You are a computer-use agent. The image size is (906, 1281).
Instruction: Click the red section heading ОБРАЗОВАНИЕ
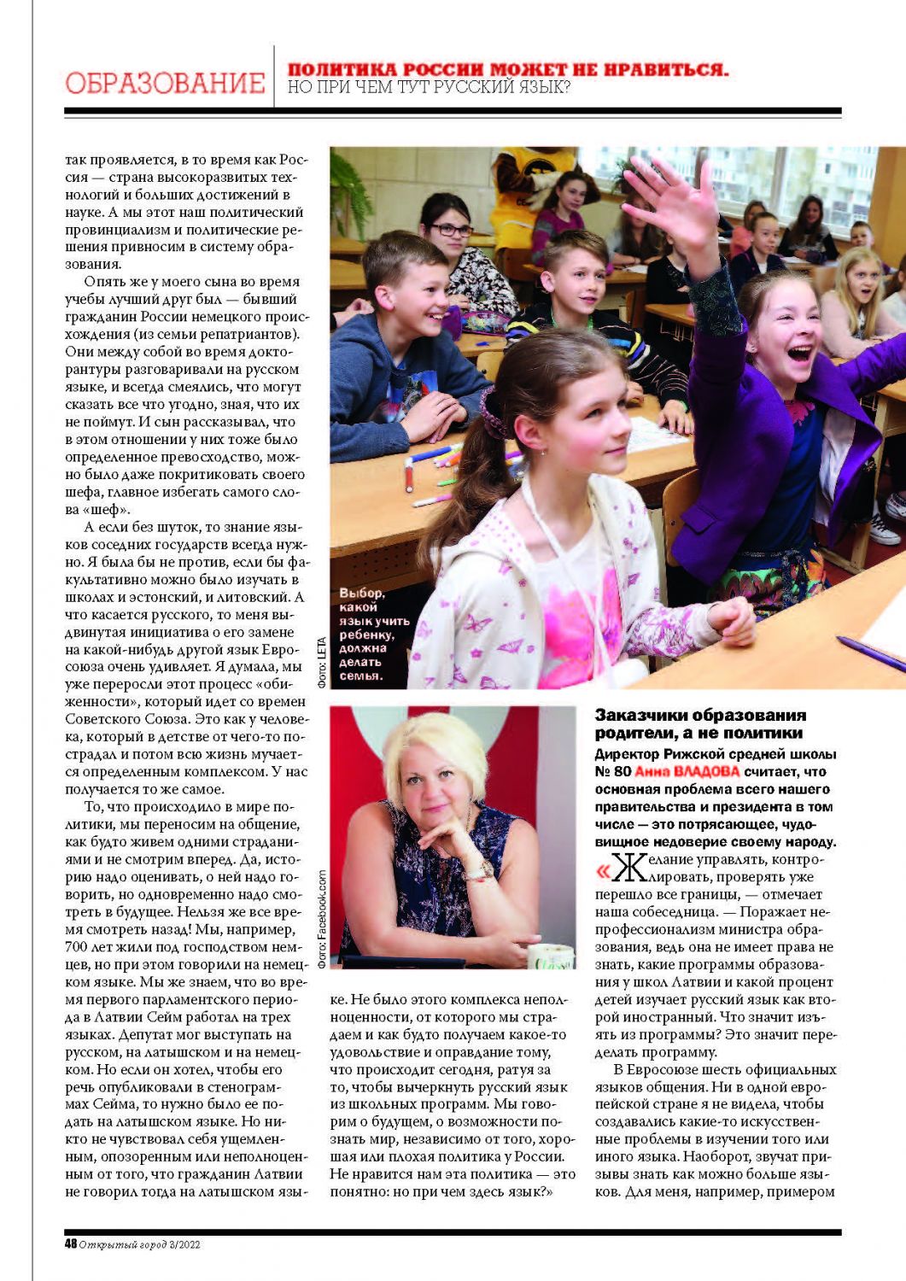165,84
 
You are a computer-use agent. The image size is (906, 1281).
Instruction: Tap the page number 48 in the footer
70,1244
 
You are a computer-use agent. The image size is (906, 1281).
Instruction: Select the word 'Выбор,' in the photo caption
361,593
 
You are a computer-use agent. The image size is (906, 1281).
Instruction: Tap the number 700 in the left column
77,947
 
